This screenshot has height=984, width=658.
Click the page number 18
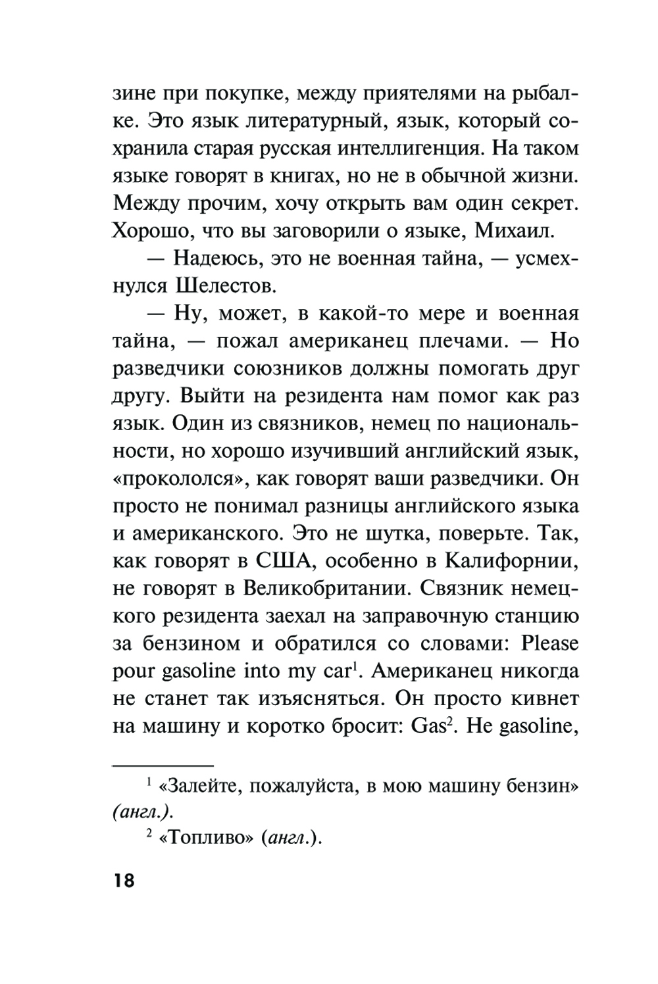tap(124, 879)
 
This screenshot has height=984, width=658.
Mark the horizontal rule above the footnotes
tap(164, 765)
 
